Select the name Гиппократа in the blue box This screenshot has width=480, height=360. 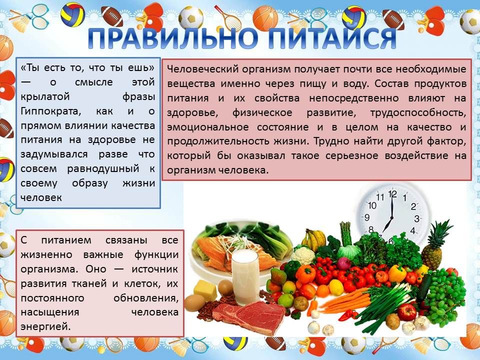51,111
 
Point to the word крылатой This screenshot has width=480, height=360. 45,96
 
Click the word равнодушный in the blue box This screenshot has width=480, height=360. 103,169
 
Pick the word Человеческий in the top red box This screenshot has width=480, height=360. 202,69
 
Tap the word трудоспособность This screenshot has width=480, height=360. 418,112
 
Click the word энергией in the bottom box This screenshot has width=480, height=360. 45,326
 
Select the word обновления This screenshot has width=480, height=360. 145,298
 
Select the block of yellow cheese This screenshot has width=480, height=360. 205,289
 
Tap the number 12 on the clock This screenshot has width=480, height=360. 392,194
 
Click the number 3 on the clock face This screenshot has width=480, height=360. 416,218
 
